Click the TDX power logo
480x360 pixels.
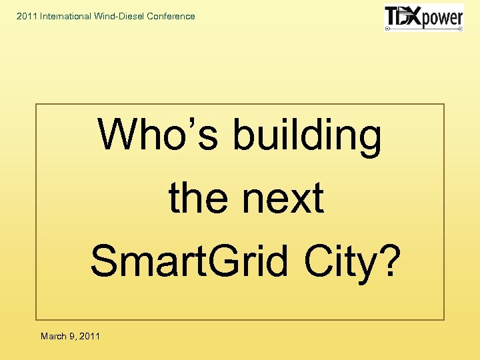tap(423, 18)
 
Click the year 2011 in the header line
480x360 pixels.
tap(27, 16)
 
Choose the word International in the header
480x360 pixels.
tap(69, 16)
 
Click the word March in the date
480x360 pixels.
tap(53, 336)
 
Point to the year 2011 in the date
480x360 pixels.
tap(89, 336)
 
